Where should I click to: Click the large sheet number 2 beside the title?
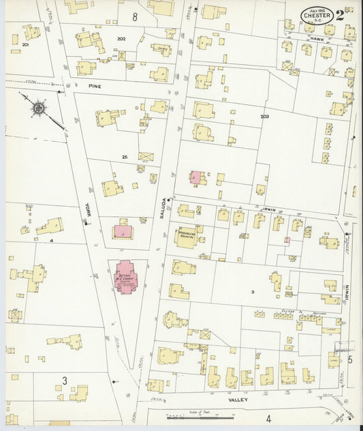(349, 14)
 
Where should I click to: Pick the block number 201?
(25, 44)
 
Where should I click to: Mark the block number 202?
(121, 39)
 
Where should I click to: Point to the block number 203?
(264, 117)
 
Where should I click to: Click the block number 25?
(125, 157)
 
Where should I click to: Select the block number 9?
(251, 292)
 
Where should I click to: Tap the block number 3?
(65, 379)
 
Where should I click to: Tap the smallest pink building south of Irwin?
(287, 240)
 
